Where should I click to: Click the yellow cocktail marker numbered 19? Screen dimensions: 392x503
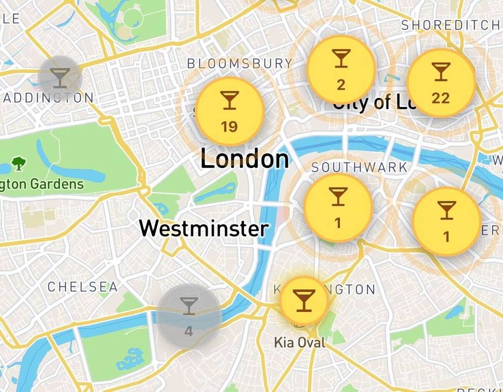pos(230,111)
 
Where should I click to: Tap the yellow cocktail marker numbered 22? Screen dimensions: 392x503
pos(441,83)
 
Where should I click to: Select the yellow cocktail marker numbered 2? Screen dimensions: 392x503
pos(341,69)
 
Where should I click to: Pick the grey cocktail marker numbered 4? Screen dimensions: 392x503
pos(189,316)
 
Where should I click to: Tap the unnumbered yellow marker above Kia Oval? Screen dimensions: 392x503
pos(304,300)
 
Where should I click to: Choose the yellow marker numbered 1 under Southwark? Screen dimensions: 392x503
pos(337,207)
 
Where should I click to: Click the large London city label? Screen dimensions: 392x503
pos(245,160)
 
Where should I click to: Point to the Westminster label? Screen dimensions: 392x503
pos(204,229)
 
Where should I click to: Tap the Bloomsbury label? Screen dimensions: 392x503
pos(240,63)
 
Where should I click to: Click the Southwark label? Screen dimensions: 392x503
pos(360,168)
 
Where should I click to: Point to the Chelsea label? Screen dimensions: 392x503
pos(83,287)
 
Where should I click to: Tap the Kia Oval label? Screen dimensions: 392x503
pos(300,342)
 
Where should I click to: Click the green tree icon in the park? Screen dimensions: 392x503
pos(19,163)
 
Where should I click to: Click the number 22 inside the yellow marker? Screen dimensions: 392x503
pos(441,98)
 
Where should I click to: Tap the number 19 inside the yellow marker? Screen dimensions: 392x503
pos(229,127)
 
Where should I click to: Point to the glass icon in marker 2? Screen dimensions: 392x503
pos(341,58)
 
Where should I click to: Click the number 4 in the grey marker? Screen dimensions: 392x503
pos(189,331)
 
